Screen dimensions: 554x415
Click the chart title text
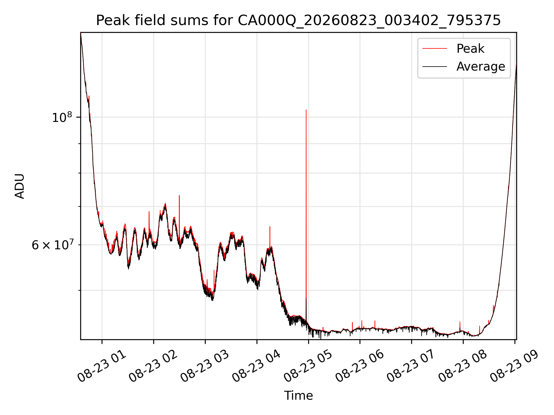tap(298, 20)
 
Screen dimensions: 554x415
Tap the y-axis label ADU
tap(20, 186)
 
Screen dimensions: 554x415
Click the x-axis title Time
tap(298, 396)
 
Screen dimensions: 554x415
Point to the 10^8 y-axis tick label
tap(62, 117)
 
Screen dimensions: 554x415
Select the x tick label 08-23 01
tap(102, 366)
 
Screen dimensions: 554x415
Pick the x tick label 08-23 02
tap(153, 366)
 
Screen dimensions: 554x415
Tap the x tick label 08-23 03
tap(205, 366)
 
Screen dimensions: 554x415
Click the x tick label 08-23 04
tap(257, 366)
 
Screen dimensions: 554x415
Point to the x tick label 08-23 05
tap(308, 366)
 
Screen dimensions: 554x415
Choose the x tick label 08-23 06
tap(360, 366)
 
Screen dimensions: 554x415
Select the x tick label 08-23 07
tap(411, 366)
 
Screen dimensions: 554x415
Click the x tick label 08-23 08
tap(463, 366)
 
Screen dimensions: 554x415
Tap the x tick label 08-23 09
tap(514, 366)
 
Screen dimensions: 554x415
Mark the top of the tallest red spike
tap(306, 110)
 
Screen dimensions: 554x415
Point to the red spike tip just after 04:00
tap(270, 227)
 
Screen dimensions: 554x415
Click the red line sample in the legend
tap(435, 49)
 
